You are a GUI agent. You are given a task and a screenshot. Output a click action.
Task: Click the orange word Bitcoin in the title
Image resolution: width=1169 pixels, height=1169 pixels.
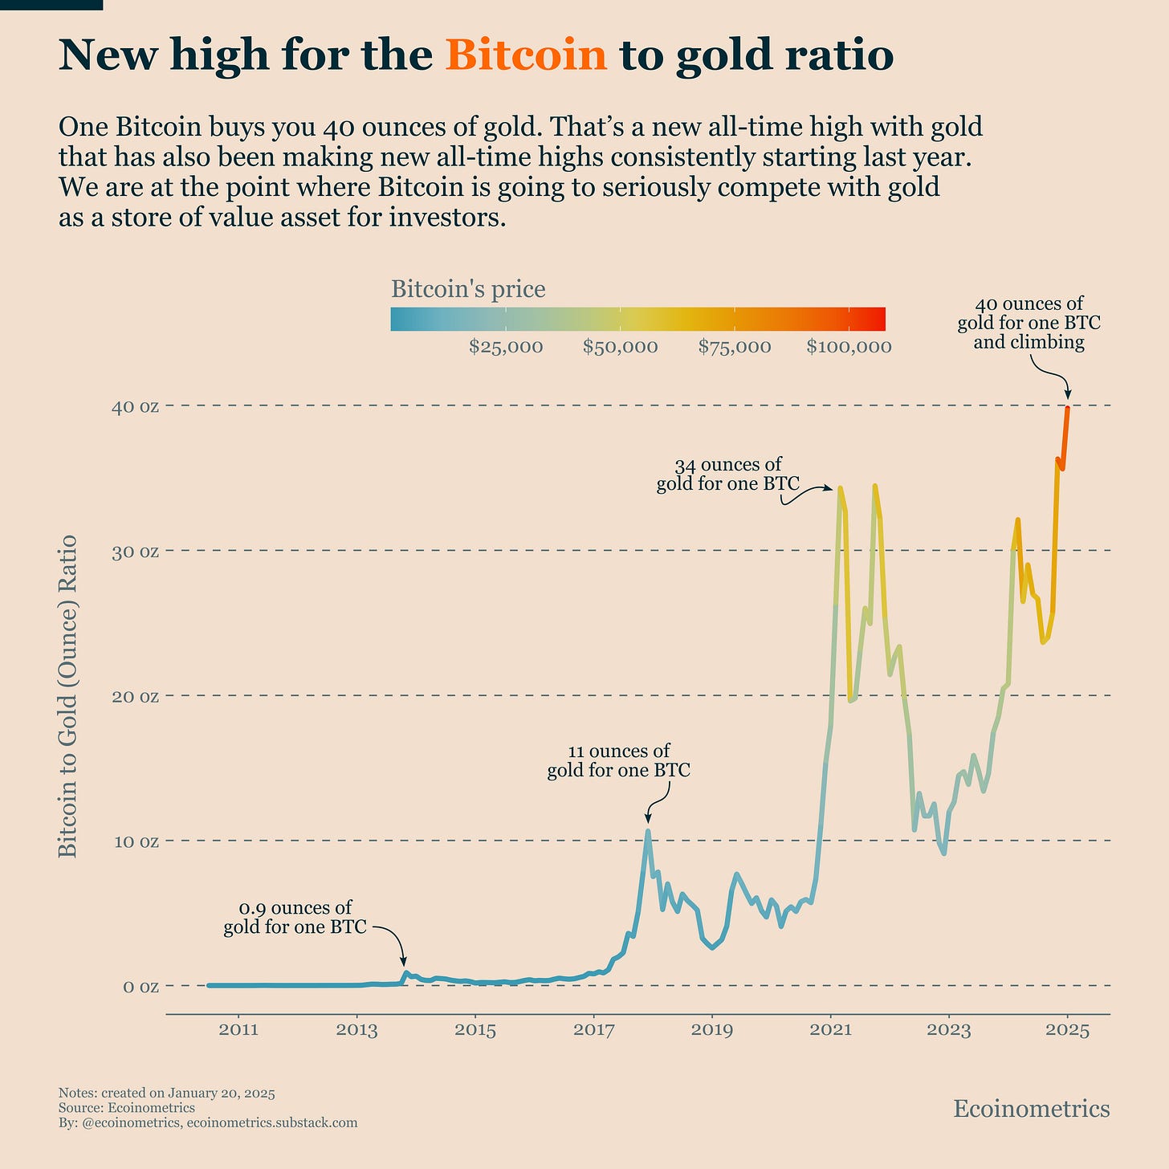526,55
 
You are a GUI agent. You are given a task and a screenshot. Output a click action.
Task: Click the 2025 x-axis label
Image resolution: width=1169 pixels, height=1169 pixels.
1067,1030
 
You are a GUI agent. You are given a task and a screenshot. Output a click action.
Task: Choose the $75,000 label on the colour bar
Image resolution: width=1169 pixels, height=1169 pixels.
735,347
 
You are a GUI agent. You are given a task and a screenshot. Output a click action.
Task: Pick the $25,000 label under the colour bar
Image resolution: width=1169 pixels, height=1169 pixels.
506,347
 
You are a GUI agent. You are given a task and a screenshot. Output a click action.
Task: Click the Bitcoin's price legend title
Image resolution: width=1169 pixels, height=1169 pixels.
468,289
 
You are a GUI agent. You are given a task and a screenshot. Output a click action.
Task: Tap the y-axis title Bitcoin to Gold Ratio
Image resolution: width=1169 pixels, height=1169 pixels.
69,695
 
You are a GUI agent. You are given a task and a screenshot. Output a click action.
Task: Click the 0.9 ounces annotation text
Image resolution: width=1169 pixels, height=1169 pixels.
295,918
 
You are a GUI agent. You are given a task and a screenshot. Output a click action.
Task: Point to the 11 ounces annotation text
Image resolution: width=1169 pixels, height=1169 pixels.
618,761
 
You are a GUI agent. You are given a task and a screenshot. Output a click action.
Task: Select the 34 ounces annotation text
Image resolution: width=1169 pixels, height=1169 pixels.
727,475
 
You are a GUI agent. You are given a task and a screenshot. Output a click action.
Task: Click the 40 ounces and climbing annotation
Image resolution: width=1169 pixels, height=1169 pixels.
1028,323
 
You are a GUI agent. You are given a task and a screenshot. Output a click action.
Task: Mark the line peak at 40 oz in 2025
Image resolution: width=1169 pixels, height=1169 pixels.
1067,409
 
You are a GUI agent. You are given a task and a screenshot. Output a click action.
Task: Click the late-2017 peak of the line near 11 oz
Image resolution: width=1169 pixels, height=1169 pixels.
648,831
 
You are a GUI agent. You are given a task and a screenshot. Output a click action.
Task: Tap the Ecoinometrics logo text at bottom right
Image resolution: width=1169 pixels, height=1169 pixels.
1031,1109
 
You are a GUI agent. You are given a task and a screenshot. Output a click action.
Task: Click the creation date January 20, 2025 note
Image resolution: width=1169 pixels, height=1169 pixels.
167,1094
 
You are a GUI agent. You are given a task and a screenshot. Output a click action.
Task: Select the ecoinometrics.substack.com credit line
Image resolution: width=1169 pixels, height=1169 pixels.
271,1122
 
